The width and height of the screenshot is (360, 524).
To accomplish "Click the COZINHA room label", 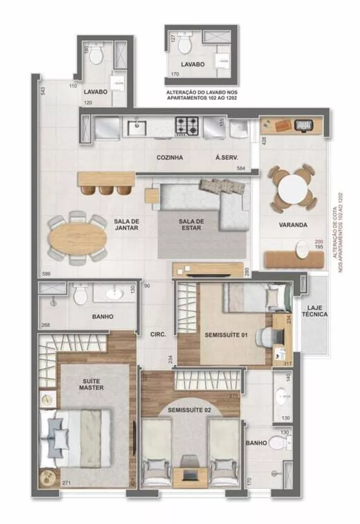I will [x=169, y=157].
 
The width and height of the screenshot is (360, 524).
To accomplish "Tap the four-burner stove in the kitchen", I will [x=187, y=125].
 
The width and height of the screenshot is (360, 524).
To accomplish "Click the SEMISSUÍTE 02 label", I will [x=190, y=410].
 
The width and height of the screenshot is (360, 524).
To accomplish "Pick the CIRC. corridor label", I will [x=158, y=334].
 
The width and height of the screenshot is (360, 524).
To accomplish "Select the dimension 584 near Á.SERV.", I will [x=241, y=168].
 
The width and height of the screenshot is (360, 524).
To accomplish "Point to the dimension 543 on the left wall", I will [x=43, y=91].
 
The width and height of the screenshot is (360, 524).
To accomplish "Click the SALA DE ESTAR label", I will [x=190, y=224].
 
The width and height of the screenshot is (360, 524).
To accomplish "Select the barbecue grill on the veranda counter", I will [x=303, y=125].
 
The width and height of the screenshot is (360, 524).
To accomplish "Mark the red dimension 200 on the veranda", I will [x=318, y=242].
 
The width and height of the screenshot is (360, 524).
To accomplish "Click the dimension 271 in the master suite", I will [x=66, y=482].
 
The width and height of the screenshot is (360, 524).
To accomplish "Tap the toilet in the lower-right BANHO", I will [x=287, y=443].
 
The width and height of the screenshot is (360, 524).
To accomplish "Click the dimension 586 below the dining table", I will [x=46, y=274].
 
